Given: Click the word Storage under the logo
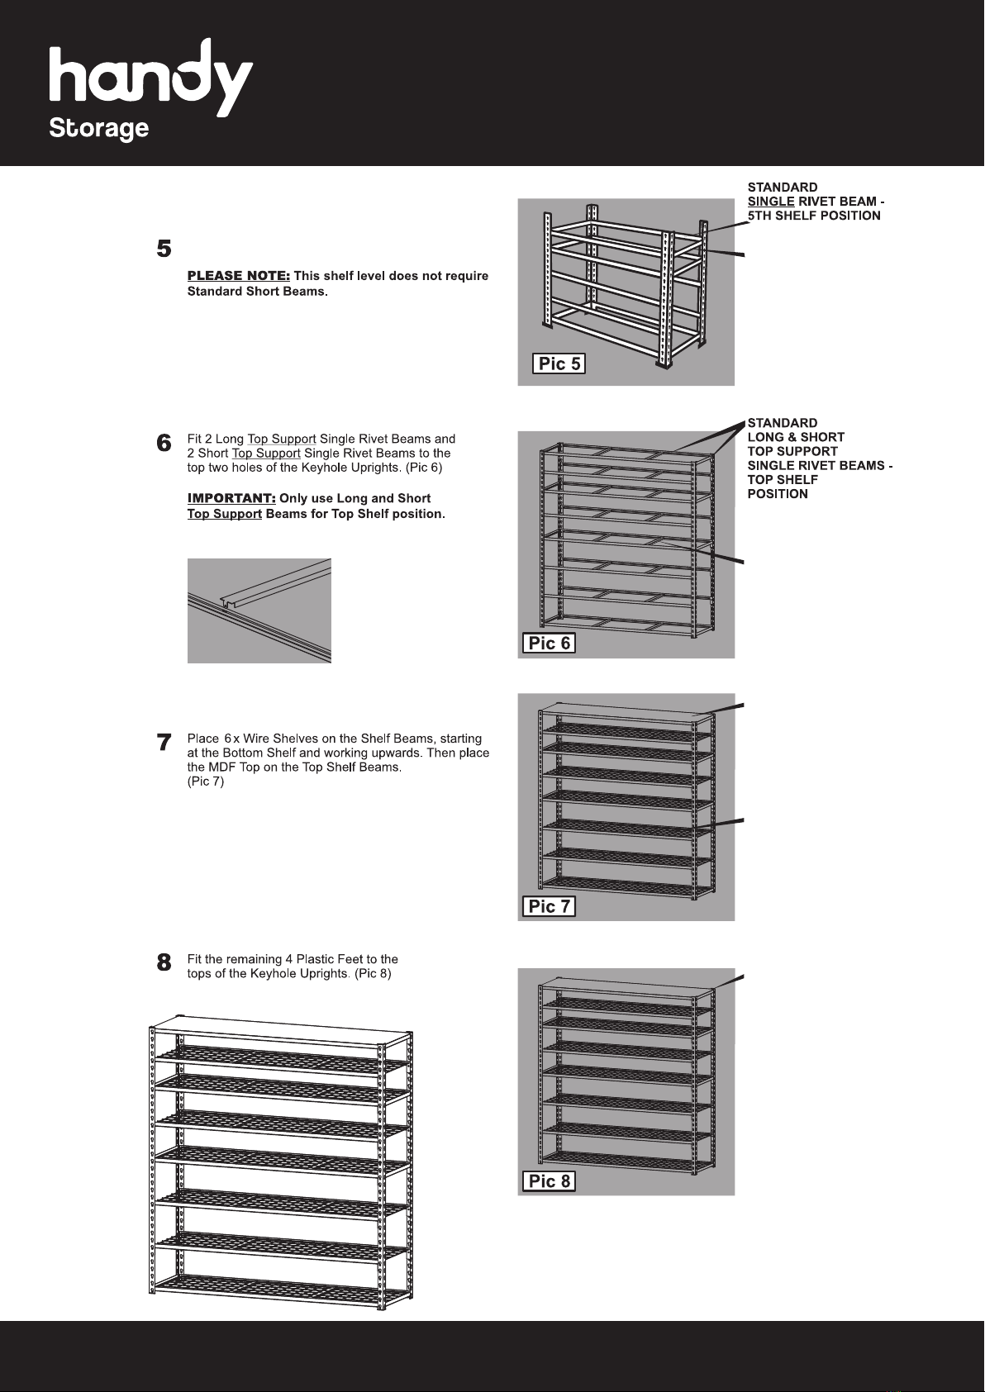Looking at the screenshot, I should [99, 130].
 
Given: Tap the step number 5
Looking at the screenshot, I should [164, 249].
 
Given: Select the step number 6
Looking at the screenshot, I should [164, 444].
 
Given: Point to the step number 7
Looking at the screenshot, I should [164, 744].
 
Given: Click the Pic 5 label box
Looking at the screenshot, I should [559, 363].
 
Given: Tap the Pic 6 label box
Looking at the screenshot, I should [549, 643].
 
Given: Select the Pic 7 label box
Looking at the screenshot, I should [549, 906].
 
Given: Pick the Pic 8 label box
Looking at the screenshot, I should [549, 1181].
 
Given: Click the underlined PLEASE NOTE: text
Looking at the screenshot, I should [238, 276].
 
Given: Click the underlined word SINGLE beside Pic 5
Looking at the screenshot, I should [771, 202].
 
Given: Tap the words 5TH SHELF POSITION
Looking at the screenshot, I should [814, 216].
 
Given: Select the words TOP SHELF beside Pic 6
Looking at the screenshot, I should [783, 480].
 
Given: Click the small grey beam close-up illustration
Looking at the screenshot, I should [259, 610].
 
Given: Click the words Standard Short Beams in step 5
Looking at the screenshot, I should [255, 292].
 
